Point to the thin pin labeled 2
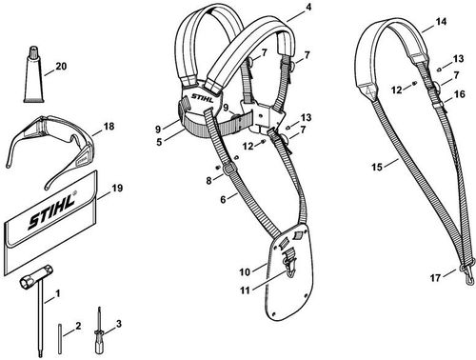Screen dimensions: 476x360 coord(60,339)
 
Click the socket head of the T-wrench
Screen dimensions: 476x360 coord(27,282)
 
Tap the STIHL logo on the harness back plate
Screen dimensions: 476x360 coord(202,97)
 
